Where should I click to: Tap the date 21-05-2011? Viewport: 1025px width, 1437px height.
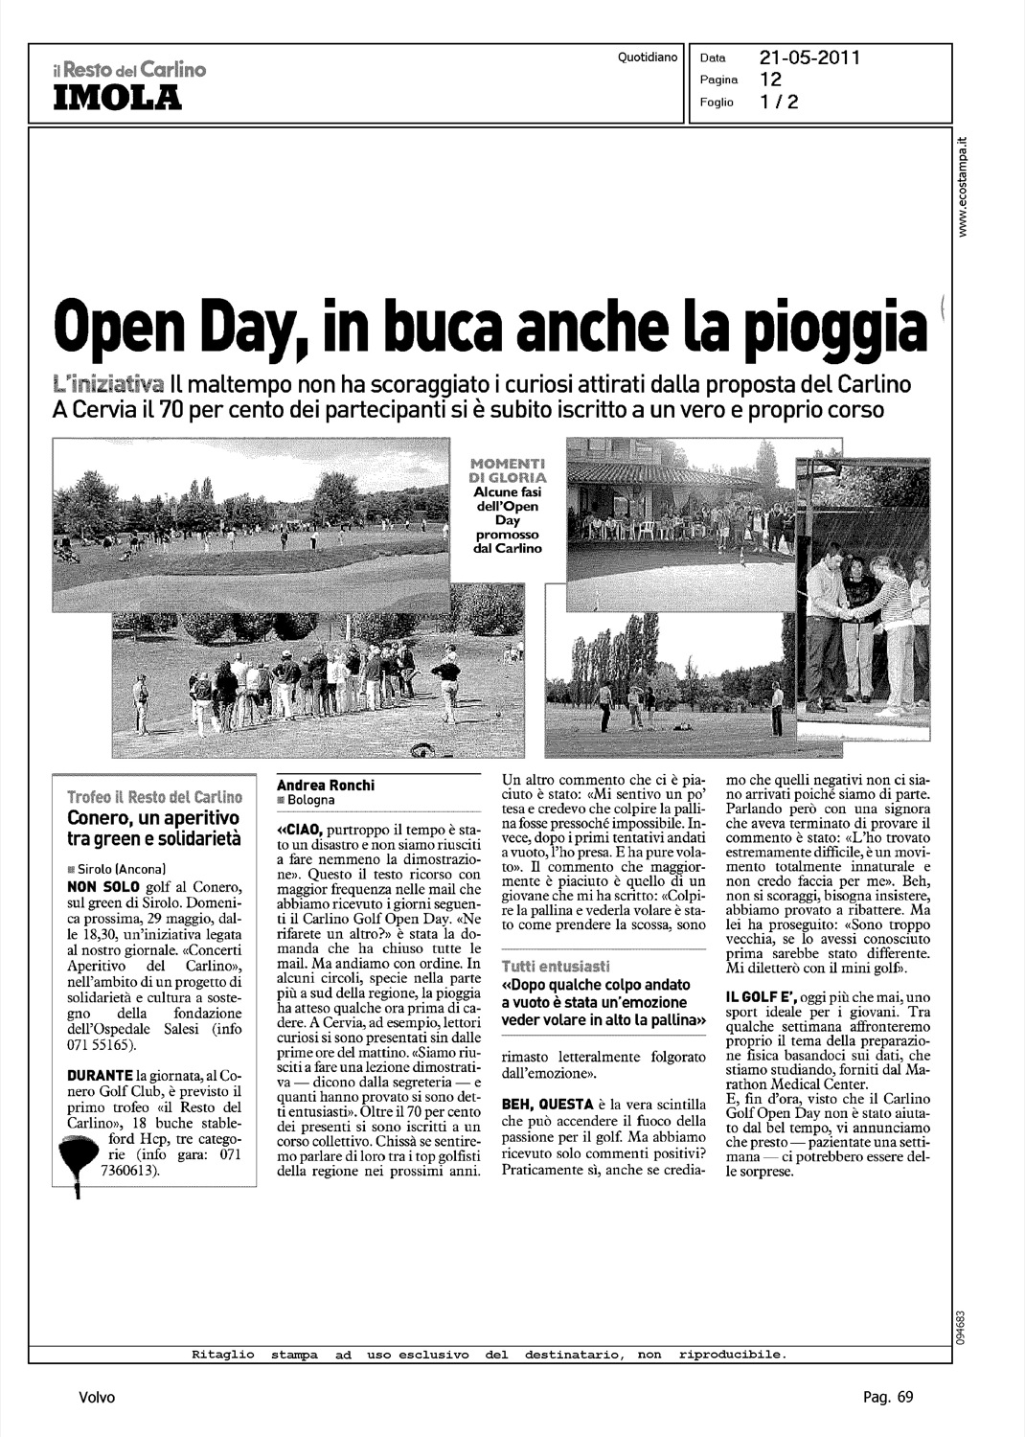coord(810,57)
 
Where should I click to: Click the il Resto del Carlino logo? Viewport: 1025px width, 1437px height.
coord(130,69)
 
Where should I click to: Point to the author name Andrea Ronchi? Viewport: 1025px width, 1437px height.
coord(325,785)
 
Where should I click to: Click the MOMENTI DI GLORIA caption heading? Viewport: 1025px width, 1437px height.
coord(508,469)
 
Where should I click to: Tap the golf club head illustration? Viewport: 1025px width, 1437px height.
coord(78,1156)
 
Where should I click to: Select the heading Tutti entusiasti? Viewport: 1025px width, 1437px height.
coord(555,964)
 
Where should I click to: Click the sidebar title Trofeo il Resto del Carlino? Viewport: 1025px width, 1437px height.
coord(153,797)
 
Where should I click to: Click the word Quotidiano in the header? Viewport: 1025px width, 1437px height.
coord(648,58)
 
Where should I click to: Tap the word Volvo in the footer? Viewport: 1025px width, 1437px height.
coord(97,1398)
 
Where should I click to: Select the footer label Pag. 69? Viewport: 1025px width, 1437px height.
coord(888,1398)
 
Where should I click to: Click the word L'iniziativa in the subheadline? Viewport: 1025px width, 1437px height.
coord(111,384)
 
